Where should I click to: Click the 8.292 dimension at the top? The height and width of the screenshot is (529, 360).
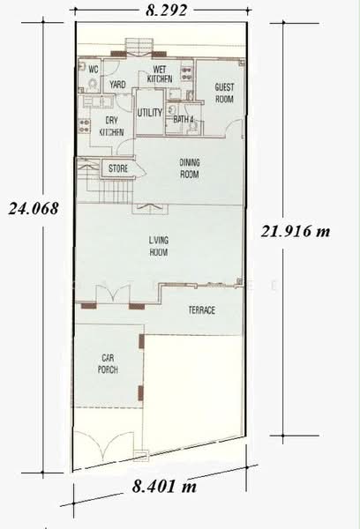[x=166, y=10]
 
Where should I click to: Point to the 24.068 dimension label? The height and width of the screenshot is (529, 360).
[x=34, y=208]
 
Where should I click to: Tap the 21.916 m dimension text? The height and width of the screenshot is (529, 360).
[x=296, y=231]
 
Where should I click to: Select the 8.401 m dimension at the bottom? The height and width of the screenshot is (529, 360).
[x=164, y=486]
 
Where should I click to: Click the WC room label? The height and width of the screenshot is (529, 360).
[x=94, y=70]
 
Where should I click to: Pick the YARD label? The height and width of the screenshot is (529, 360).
[x=117, y=85]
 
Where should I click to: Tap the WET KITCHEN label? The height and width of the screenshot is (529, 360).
[x=160, y=74]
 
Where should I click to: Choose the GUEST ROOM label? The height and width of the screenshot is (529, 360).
[x=224, y=93]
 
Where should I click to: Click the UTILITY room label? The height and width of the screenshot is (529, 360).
[x=150, y=112]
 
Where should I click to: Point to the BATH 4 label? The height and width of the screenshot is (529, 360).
[x=184, y=119]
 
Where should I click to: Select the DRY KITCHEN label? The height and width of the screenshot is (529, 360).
[x=111, y=126]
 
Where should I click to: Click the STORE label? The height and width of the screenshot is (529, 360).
[x=118, y=168]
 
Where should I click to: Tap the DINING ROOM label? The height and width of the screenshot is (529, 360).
[x=190, y=168]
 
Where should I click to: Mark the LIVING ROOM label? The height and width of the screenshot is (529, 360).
[x=159, y=246]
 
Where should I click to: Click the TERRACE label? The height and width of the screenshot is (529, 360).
[x=201, y=310]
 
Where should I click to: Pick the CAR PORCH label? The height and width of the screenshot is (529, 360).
[x=108, y=363]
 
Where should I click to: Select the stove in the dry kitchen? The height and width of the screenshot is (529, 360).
[x=84, y=125]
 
